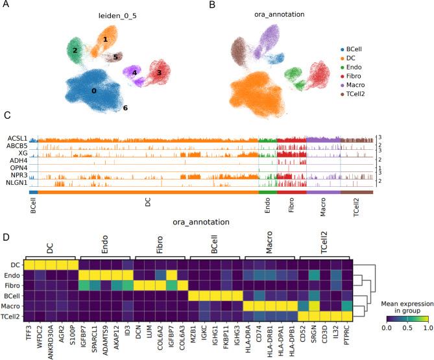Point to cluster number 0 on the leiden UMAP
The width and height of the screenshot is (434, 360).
tap(94, 91)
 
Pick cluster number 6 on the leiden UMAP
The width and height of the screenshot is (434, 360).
tap(126, 107)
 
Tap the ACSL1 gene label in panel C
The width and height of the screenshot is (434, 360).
tap(18, 139)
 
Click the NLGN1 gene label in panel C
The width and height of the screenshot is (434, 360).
tap(17, 183)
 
